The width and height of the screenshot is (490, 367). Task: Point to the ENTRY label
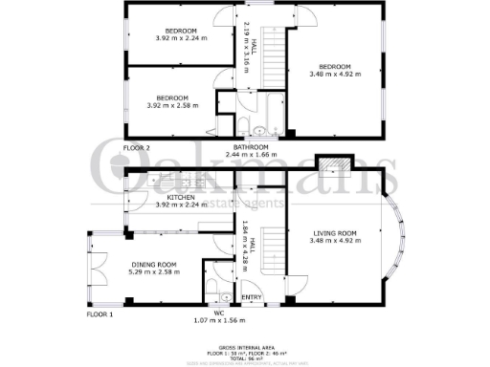[x=252, y=296]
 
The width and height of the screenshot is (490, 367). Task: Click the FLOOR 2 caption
[x=136, y=147]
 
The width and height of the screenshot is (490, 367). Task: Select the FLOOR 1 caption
[x=100, y=313]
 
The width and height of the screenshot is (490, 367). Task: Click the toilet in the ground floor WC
[x=224, y=295]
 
